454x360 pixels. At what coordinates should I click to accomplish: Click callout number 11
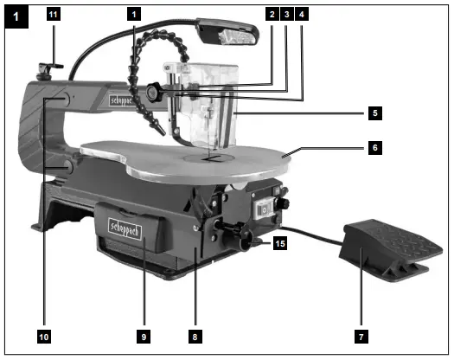click(52, 15)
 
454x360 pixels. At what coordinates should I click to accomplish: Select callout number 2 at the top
click(272, 15)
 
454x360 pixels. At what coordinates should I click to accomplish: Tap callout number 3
click(286, 15)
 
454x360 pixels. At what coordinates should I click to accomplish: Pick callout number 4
click(301, 15)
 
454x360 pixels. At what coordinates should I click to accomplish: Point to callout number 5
click(374, 112)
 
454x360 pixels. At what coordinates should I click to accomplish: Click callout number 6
click(374, 148)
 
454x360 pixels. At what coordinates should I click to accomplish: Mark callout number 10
click(43, 333)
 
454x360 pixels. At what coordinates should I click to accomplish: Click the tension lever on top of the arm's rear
click(53, 62)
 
